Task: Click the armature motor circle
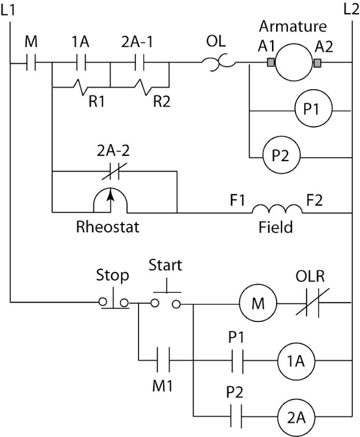point(293,62)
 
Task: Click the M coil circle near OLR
point(258,303)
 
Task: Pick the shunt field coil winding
point(277,209)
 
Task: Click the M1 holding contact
point(164,361)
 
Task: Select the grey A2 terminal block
point(317,62)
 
